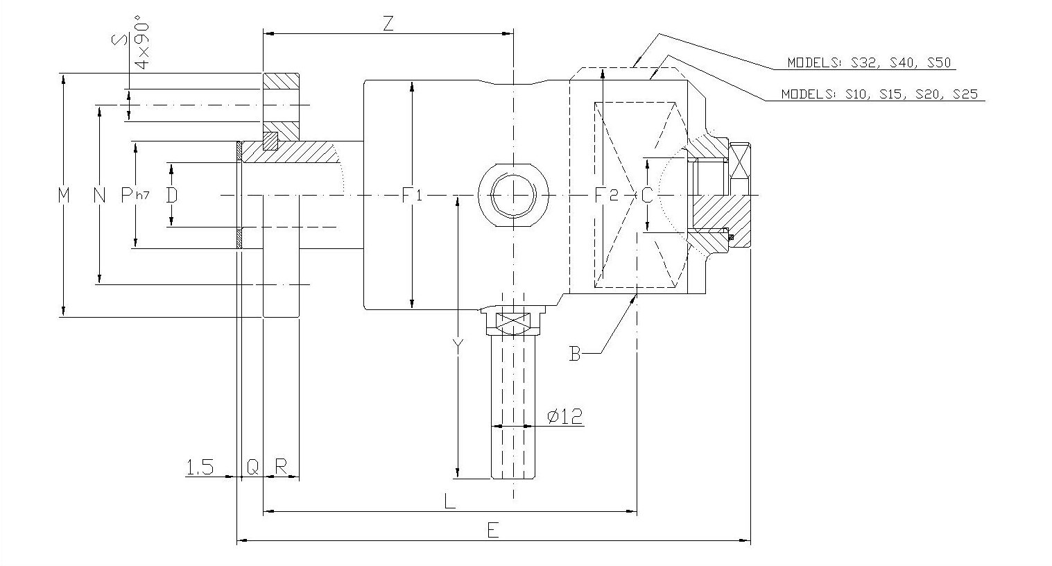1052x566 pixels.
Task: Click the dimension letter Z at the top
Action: [x=388, y=24]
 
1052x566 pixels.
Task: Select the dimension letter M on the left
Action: [x=64, y=196]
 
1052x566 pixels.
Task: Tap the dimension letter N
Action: [x=100, y=196]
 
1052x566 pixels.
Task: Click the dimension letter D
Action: [x=172, y=195]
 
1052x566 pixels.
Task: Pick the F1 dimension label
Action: [x=412, y=196]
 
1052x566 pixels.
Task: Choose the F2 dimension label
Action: [x=605, y=195]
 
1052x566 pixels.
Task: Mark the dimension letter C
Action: [x=646, y=196]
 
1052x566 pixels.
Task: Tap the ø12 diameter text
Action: [x=564, y=416]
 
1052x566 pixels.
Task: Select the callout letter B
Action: [x=575, y=354]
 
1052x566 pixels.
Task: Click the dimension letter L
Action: [x=449, y=501]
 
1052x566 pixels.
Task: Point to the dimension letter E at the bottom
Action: [x=493, y=531]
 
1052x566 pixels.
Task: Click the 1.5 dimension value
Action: [x=200, y=467]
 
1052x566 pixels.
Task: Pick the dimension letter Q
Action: [x=252, y=467]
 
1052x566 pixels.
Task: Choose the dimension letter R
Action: [x=281, y=467]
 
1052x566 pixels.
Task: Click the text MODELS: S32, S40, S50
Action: [x=868, y=63]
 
